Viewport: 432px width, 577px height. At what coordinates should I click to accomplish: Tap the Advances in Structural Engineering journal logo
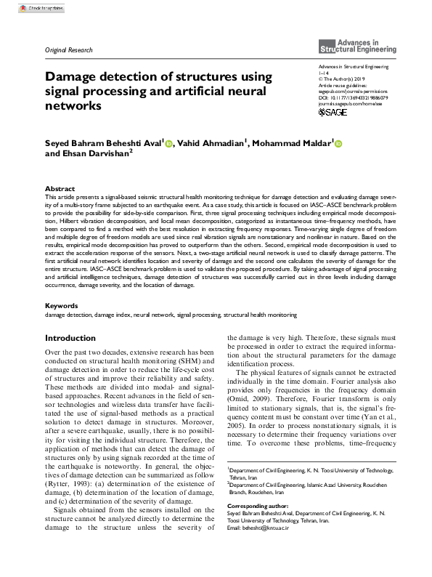[x=358, y=47]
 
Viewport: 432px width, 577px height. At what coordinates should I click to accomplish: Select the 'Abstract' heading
[x=60, y=188]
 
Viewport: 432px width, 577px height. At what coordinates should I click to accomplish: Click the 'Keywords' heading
[x=62, y=306]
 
